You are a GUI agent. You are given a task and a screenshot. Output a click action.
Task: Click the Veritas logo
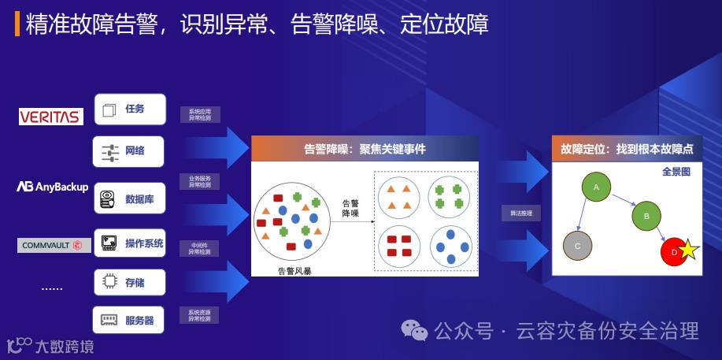coord(51,117)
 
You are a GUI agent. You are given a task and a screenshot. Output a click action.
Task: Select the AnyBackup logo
coord(53,187)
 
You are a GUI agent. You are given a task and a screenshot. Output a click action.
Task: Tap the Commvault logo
coord(52,245)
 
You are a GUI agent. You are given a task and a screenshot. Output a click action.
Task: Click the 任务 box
coord(129,109)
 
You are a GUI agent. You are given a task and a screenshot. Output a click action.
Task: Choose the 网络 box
coord(129,150)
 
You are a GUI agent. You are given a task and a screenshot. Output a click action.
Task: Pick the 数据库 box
coord(129,199)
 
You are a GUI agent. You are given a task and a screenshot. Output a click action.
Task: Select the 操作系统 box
coord(129,243)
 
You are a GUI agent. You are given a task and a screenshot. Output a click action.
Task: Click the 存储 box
coord(129,281)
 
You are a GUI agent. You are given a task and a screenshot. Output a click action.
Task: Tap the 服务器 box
coord(129,320)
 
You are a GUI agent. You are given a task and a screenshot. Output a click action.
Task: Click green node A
coord(596,187)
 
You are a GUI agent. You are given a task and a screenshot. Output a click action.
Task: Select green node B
coord(646,215)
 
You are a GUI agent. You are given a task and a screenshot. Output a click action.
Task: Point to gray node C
coord(577,247)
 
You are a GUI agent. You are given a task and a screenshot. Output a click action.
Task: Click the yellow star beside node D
coord(688,251)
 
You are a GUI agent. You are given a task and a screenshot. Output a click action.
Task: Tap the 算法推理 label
coord(520,213)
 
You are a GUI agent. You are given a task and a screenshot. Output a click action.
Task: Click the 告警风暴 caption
coord(294,270)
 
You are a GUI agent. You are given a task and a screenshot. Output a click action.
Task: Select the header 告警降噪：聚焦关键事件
coord(365,148)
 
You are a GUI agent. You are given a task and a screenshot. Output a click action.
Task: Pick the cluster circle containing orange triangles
coord(398,197)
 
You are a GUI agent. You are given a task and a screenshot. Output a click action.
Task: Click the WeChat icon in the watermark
coord(414,331)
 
